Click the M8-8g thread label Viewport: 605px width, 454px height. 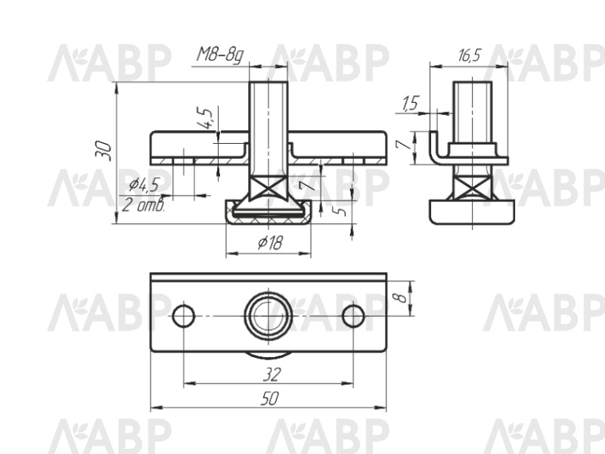click(220, 55)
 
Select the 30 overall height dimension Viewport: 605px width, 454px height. click(104, 151)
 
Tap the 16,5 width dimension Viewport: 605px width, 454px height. click(469, 55)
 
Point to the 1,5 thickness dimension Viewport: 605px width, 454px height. click(410, 104)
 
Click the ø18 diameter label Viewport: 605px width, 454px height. click(270, 243)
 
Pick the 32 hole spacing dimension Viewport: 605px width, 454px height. click(271, 375)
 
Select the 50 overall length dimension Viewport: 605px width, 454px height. click(269, 398)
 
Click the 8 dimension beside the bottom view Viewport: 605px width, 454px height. click(402, 298)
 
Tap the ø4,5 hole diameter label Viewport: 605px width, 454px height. click(144, 185)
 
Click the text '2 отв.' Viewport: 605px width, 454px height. click(144, 204)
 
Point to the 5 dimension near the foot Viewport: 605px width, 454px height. click(340, 212)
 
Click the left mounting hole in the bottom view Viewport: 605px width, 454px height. click(184, 316)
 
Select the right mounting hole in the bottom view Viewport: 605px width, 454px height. click(353, 316)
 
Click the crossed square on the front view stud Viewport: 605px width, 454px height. click(268, 188)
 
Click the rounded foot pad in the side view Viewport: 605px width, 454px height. click(473, 212)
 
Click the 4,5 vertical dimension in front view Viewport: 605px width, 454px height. click(204, 118)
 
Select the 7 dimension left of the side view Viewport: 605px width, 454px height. click(403, 145)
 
